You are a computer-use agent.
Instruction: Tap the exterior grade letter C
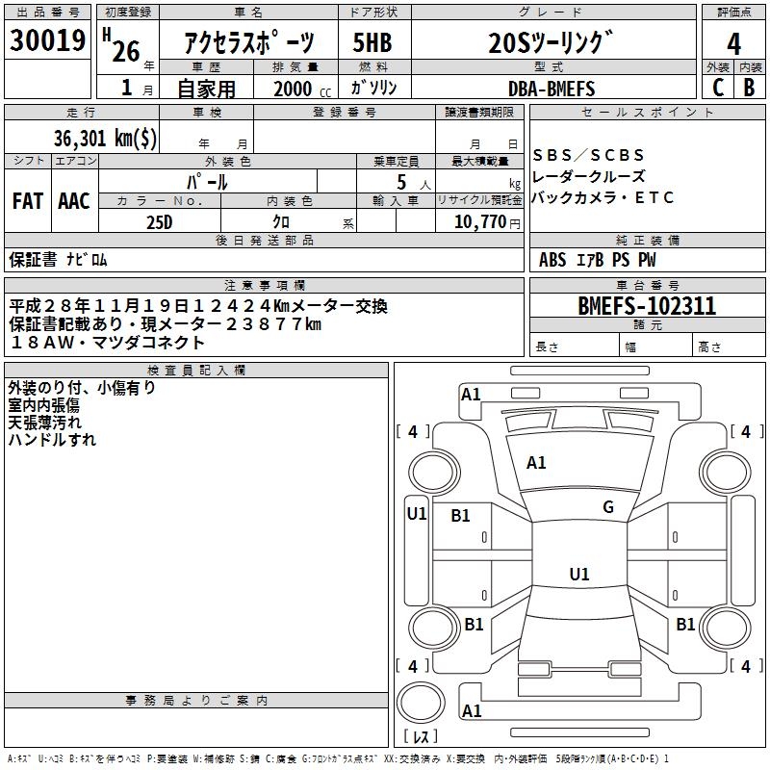coord(717,88)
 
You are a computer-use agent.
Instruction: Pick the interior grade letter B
coord(750,88)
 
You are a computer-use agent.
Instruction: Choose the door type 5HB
coord(372,42)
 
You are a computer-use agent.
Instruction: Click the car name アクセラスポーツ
coord(248,42)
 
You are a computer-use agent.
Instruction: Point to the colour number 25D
coord(160,221)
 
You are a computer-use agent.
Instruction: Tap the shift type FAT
coord(28,201)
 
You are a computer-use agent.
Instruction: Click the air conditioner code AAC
coord(74,201)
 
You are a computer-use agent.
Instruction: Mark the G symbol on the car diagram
coord(607,507)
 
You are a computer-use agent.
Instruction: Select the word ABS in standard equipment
coord(552,260)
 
